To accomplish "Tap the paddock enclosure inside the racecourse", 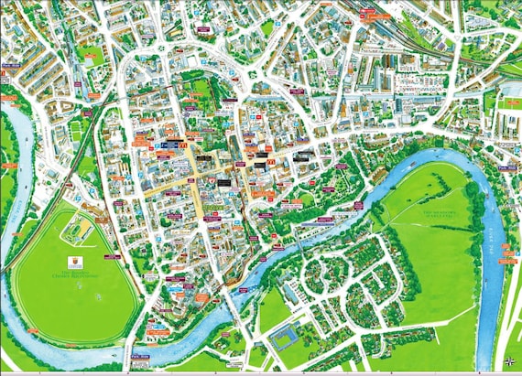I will click(76, 229).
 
